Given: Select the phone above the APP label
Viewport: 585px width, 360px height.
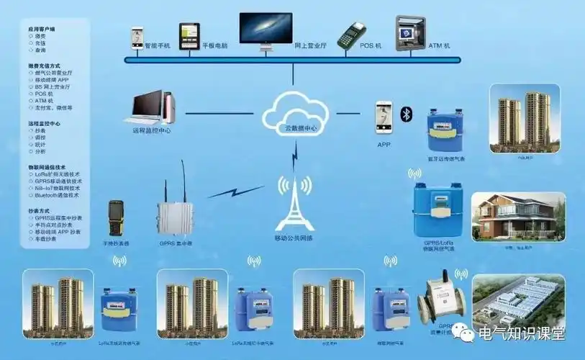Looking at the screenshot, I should (x=384, y=117).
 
